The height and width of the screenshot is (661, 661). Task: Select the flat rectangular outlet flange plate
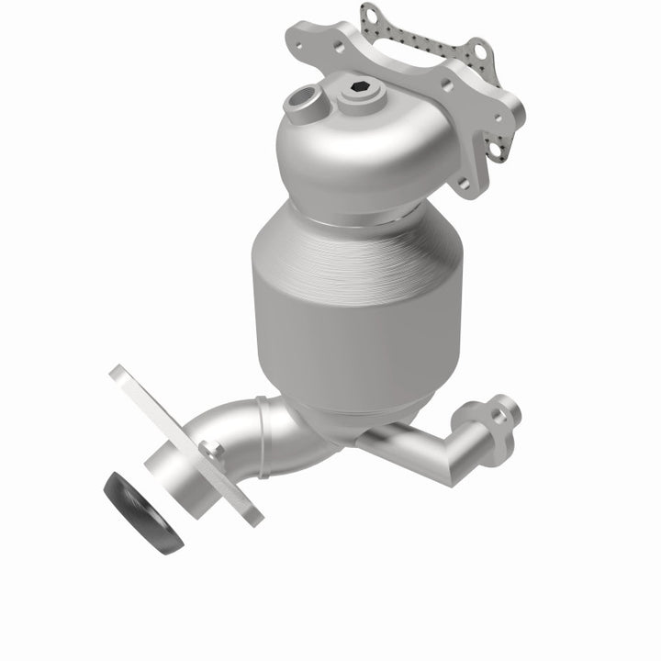(x=184, y=441)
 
